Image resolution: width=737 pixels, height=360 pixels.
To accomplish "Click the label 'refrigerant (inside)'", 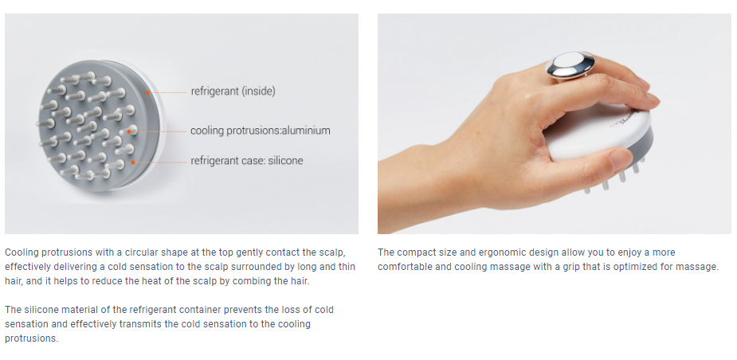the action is tap(233, 91).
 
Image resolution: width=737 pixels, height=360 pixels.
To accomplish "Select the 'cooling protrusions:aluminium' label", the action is tap(261, 131).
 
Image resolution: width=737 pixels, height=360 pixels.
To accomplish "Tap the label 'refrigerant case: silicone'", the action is tap(247, 161).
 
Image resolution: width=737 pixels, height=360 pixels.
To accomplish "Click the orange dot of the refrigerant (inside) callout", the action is tap(147, 92).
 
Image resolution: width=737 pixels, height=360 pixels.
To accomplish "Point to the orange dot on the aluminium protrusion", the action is tap(129, 131).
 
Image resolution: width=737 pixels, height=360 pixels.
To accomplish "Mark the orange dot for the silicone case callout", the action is tap(134, 162).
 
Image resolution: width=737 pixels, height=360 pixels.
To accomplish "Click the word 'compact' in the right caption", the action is tap(417, 252).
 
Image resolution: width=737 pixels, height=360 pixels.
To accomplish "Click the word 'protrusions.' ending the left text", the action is tap(32, 338).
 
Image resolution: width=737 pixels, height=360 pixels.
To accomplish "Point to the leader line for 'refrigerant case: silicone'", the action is tap(162, 162).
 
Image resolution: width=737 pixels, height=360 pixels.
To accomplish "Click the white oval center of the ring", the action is tap(566, 61).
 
